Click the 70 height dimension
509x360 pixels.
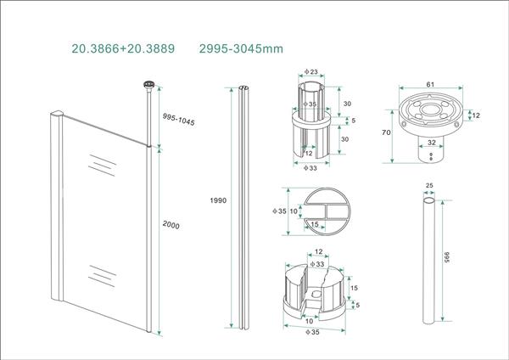click(386, 133)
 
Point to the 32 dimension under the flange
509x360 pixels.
click(432, 143)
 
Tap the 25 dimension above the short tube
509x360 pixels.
click(429, 185)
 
